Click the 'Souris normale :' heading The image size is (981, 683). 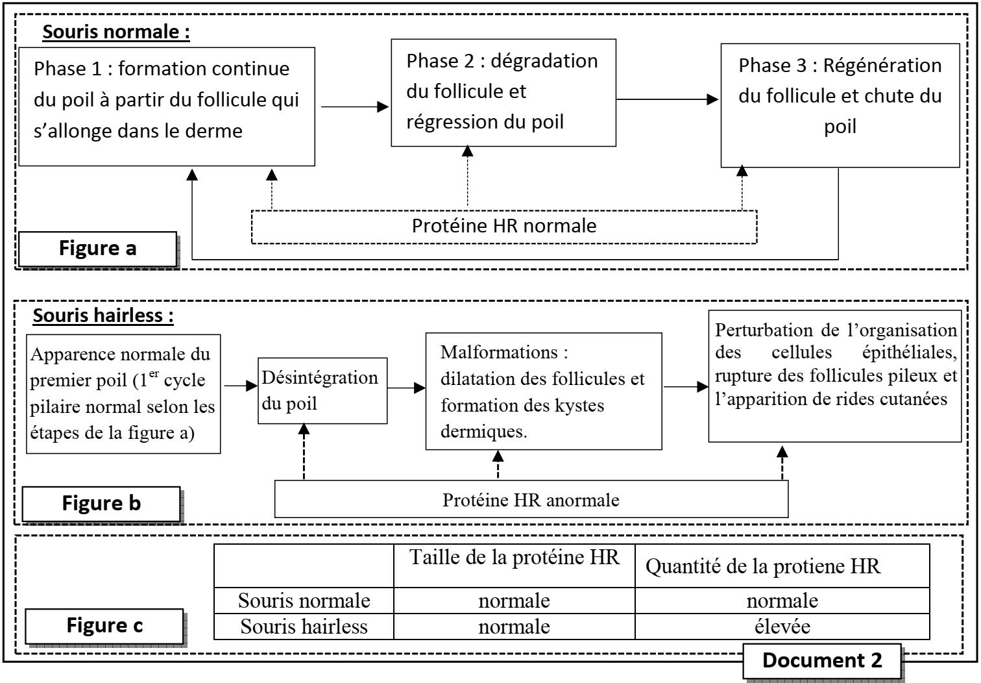pyautogui.click(x=115, y=32)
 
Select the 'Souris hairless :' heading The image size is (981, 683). pyautogui.click(x=103, y=316)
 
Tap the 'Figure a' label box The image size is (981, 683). pyautogui.click(x=97, y=248)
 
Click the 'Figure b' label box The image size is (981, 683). pyautogui.click(x=101, y=503)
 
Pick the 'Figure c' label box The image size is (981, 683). pyautogui.click(x=104, y=625)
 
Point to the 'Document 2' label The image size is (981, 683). pyautogui.click(x=822, y=660)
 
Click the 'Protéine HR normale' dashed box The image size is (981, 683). pyautogui.click(x=503, y=227)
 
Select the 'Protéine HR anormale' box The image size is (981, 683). pyautogui.click(x=531, y=500)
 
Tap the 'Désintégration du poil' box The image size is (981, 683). pyautogui.click(x=322, y=390)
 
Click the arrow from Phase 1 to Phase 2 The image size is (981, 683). pyautogui.click(x=354, y=106)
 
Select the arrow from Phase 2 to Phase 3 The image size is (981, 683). pyautogui.click(x=667, y=99)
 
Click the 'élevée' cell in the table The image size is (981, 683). pyautogui.click(x=782, y=627)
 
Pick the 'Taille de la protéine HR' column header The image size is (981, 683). pyautogui.click(x=514, y=558)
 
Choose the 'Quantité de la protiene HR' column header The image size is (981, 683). pyautogui.click(x=763, y=567)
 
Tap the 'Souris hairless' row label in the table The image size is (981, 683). pyautogui.click(x=304, y=627)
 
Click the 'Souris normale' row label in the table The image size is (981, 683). pyautogui.click(x=304, y=601)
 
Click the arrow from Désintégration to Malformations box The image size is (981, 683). pyautogui.click(x=406, y=388)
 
